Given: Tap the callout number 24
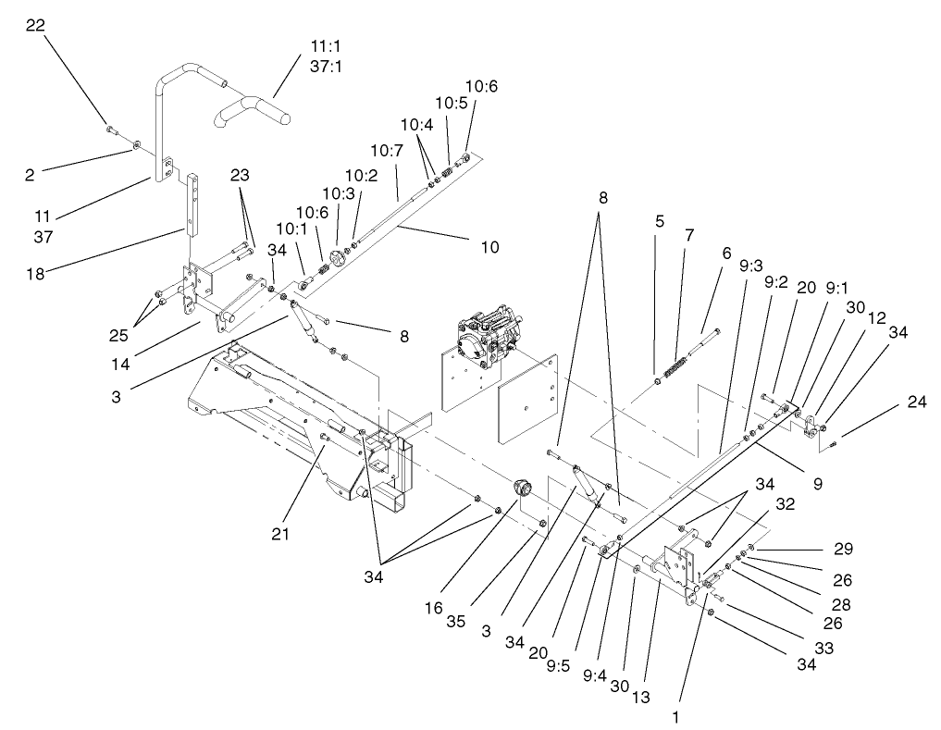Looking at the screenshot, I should click(916, 402).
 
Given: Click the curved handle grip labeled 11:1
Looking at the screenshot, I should click(254, 113).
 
